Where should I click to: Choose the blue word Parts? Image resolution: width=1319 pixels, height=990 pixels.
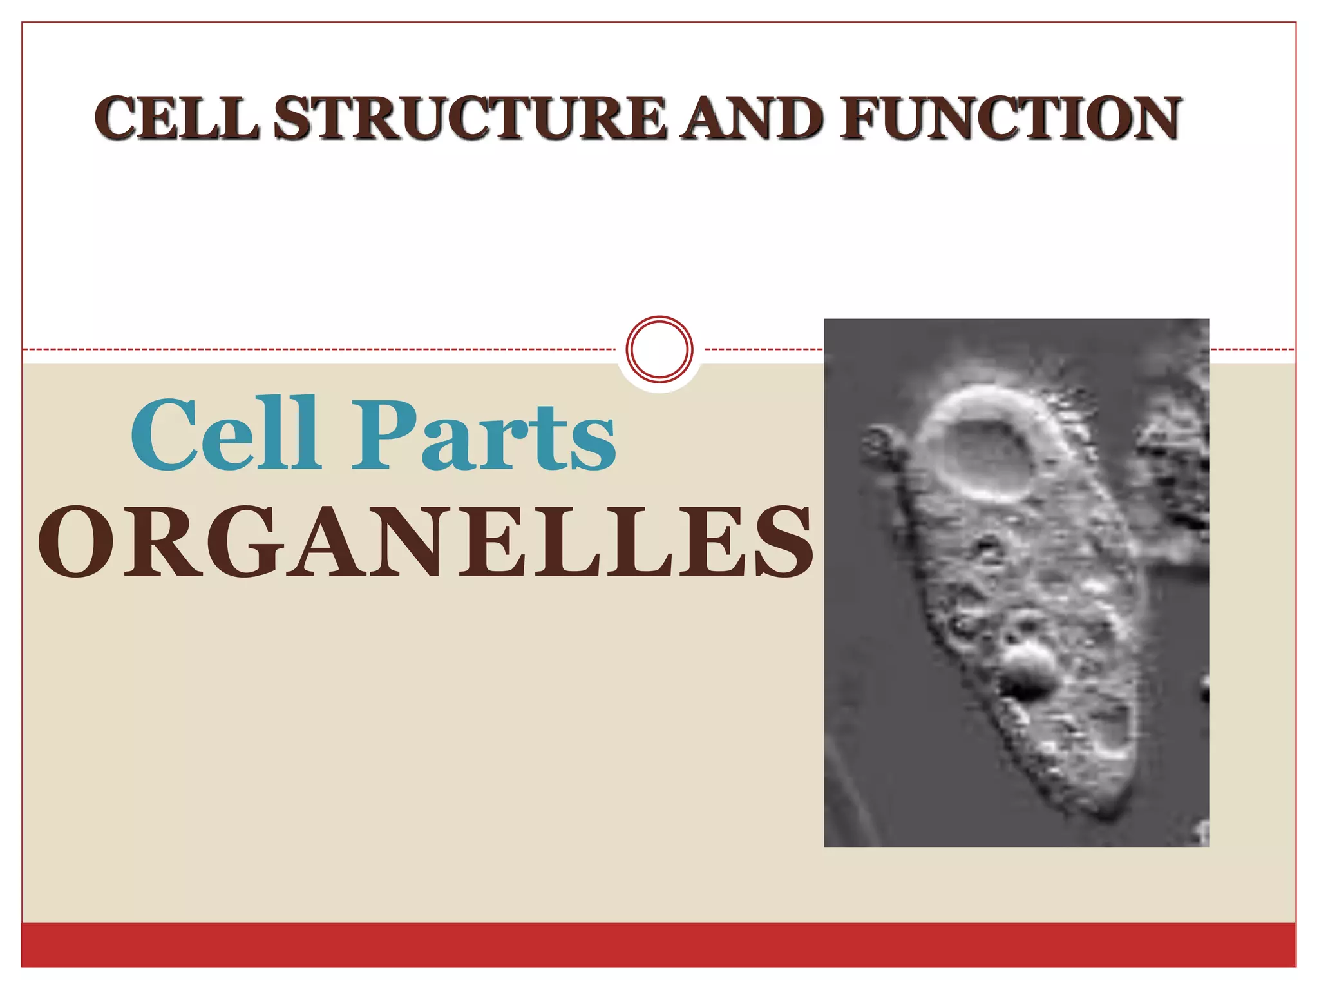pos(483,436)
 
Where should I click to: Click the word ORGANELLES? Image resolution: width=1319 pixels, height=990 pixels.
pos(425,541)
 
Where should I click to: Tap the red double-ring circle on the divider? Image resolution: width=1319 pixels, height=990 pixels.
pos(659,349)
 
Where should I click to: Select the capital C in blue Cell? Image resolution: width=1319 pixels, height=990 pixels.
pos(161,433)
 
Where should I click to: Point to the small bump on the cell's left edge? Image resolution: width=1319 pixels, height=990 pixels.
pos(880,442)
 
